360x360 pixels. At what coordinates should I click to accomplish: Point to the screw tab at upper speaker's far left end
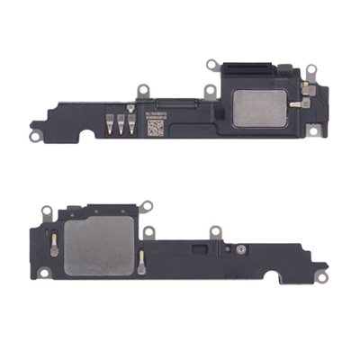point(35,135)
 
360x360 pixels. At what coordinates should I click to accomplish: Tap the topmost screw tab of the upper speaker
point(212,64)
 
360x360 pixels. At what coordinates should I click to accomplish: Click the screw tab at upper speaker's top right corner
point(311,69)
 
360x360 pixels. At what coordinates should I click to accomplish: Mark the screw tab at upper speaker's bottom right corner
point(314,131)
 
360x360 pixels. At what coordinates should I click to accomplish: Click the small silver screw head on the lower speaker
point(240,248)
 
